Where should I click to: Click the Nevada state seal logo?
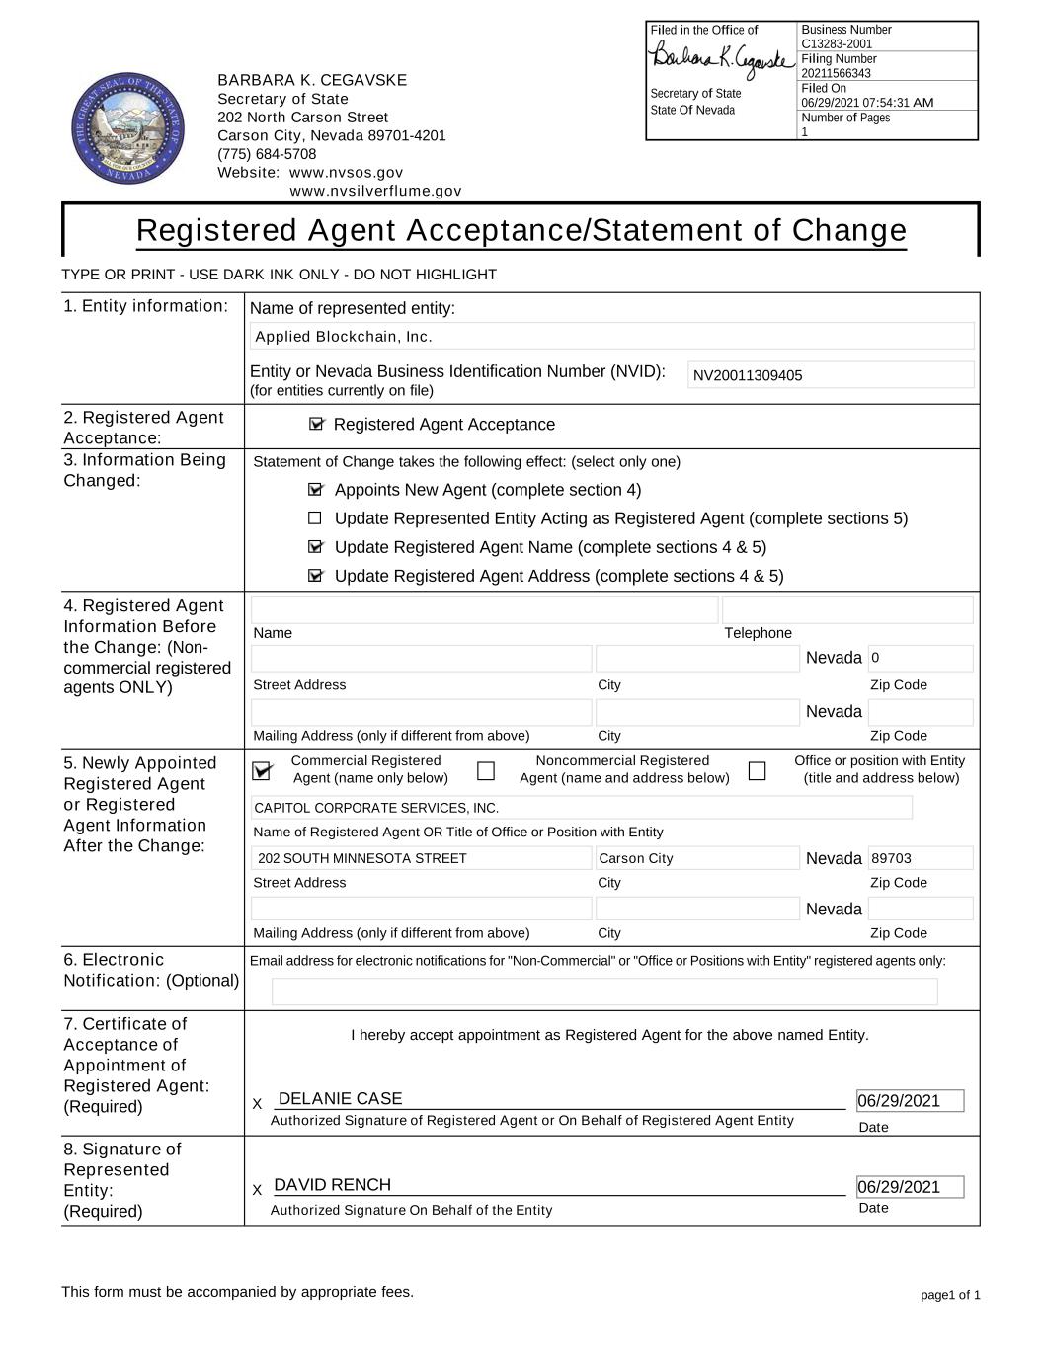(x=128, y=128)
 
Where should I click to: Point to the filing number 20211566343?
(x=837, y=74)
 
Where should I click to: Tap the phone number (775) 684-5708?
(x=267, y=154)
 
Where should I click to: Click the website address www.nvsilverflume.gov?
(x=375, y=191)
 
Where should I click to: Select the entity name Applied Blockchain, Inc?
(x=344, y=337)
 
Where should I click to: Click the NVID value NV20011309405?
(x=748, y=375)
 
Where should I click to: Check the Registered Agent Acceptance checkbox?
(x=316, y=424)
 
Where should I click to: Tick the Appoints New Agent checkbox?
(x=315, y=490)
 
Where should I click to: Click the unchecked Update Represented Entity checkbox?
(x=315, y=518)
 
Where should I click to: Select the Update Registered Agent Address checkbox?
(x=315, y=576)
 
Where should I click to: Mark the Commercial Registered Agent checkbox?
(x=263, y=771)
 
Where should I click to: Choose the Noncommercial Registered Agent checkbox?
(x=486, y=771)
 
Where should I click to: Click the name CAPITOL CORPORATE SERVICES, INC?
(x=376, y=808)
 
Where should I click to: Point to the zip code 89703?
(x=891, y=858)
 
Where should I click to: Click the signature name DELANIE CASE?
(x=341, y=1099)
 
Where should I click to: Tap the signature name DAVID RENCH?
(x=332, y=1185)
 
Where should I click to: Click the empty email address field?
(x=603, y=991)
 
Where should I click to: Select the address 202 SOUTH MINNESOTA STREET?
(x=361, y=858)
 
